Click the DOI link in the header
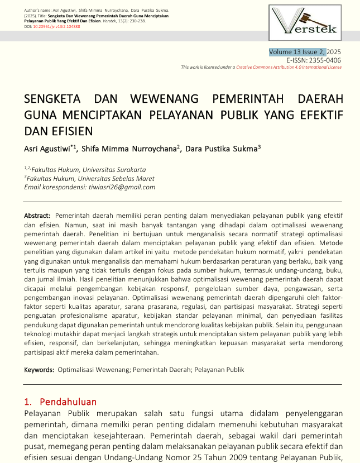pos(57,26)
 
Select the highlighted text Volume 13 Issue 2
pos(297,52)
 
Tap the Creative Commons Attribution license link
pos(289,67)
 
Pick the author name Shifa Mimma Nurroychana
pos(129,149)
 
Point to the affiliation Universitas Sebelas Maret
pos(117,178)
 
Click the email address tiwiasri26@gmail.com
pos(122,187)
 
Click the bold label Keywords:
pos(39,370)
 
